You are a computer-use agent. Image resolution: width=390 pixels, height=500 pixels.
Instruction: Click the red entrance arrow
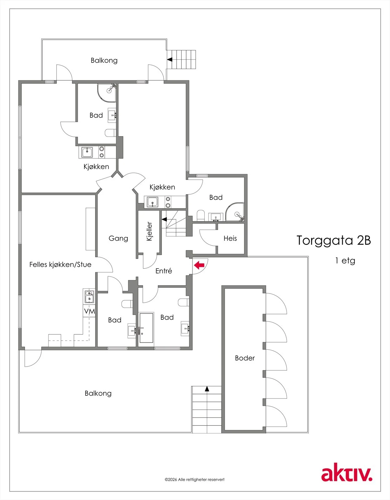click(x=199, y=265)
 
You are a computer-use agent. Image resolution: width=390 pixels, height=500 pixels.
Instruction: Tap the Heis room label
click(x=230, y=238)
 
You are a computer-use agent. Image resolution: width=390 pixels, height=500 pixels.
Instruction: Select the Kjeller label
click(x=149, y=232)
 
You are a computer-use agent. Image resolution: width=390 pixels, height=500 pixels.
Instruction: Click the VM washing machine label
click(x=89, y=311)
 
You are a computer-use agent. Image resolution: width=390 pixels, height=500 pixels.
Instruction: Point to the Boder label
click(x=245, y=358)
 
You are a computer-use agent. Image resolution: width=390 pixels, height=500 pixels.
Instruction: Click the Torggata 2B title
click(x=334, y=240)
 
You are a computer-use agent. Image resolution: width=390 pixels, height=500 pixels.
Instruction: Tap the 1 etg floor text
click(x=345, y=261)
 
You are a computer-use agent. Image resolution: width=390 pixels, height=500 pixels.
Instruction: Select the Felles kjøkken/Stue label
click(x=60, y=265)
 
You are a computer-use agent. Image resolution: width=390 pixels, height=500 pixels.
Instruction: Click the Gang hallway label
click(x=118, y=238)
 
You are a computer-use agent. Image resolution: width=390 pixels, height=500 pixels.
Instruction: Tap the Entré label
click(x=163, y=271)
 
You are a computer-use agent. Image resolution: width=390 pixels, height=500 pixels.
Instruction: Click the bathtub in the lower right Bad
click(x=146, y=328)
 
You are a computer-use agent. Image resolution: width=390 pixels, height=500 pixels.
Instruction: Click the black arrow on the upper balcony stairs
click(x=170, y=60)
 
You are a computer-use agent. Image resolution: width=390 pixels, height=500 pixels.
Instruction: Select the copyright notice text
click(x=194, y=479)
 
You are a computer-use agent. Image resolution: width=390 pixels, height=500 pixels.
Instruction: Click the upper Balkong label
click(x=104, y=61)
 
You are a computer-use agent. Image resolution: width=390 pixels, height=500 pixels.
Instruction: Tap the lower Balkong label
click(x=98, y=393)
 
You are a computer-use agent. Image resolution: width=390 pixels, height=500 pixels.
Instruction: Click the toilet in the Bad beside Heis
click(x=201, y=215)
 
